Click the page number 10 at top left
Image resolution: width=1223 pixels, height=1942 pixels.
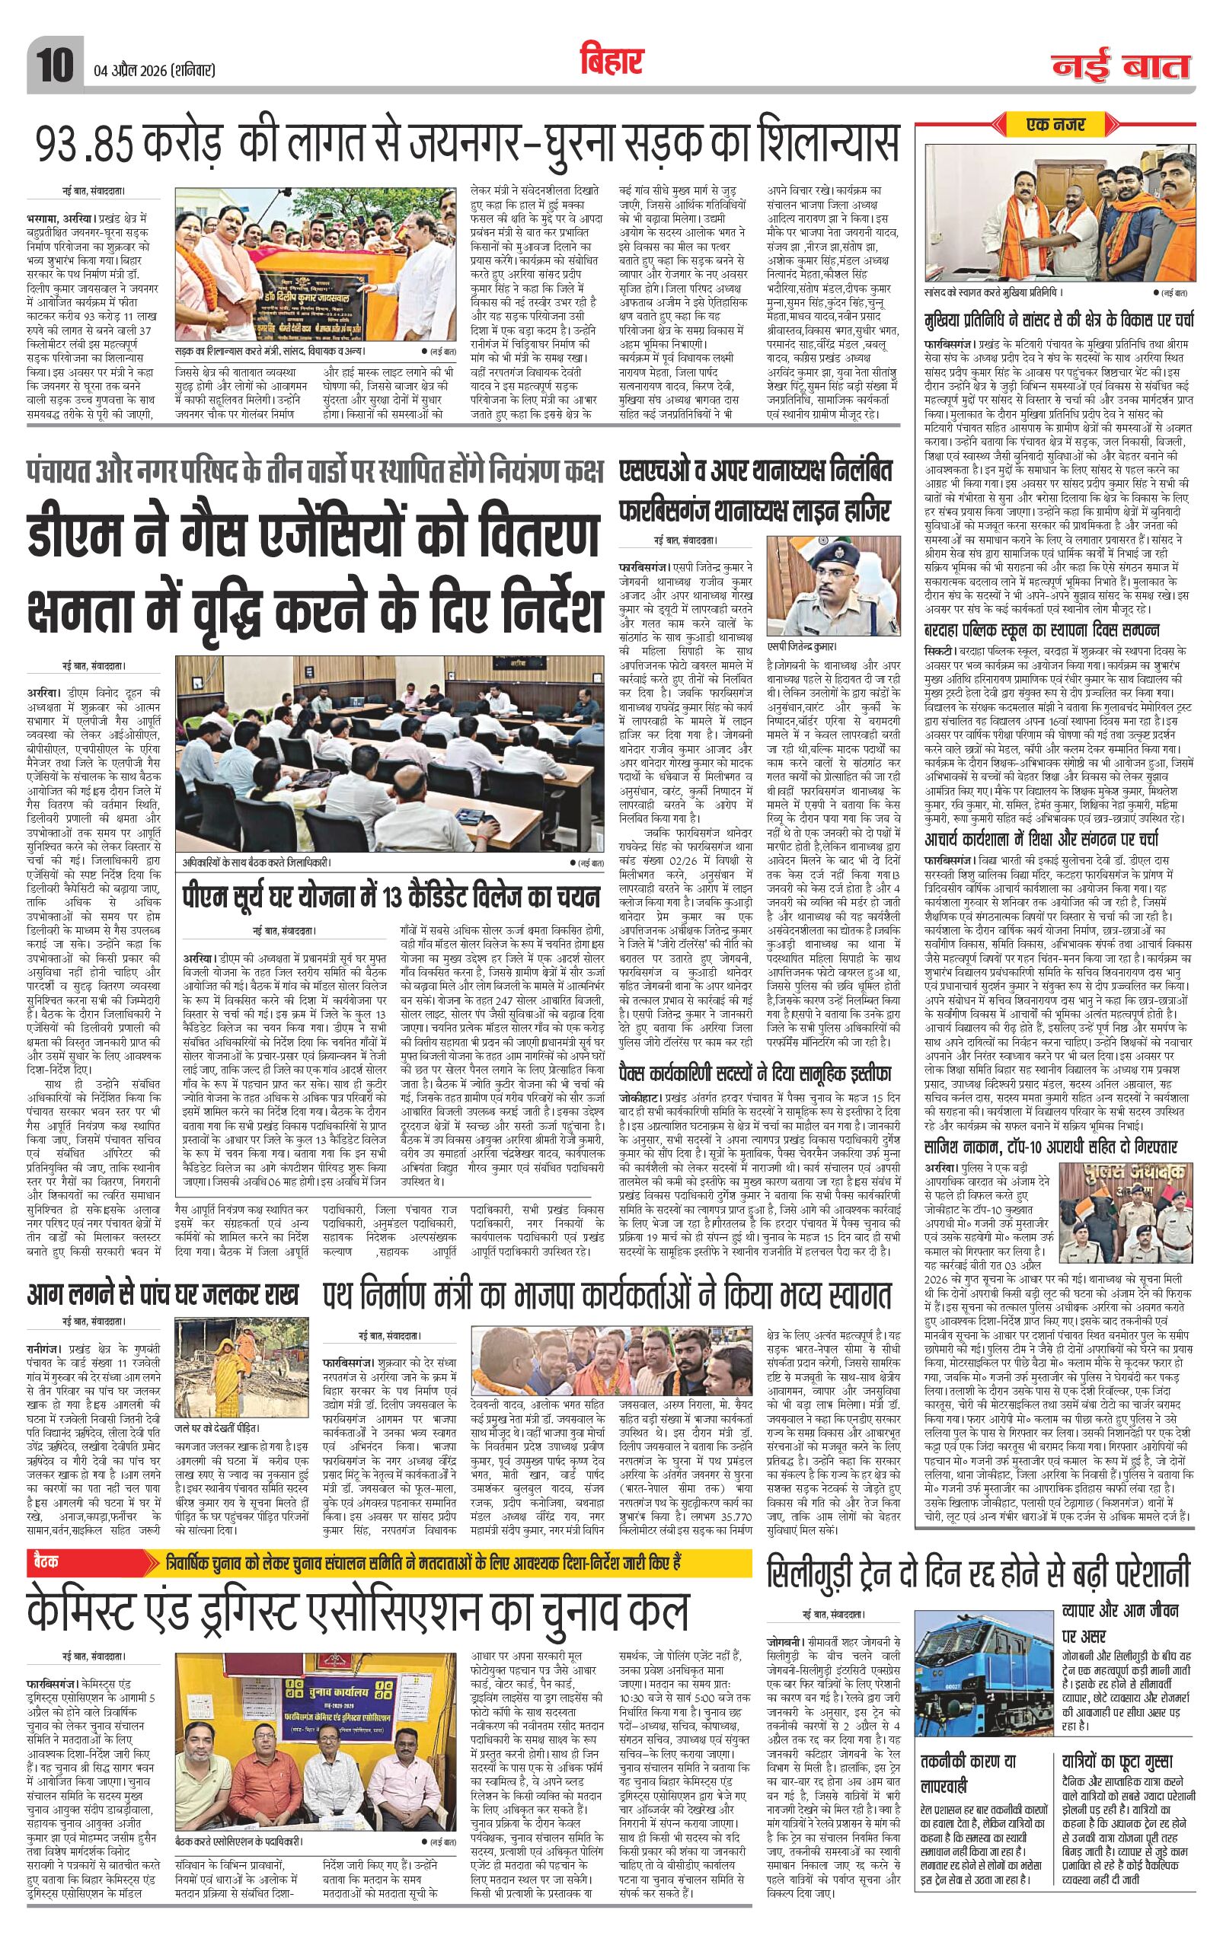tap(53, 64)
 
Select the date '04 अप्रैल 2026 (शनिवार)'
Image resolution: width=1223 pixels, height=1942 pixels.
tap(151, 71)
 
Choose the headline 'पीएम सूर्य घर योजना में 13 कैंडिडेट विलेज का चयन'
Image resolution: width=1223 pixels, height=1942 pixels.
tap(390, 898)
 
